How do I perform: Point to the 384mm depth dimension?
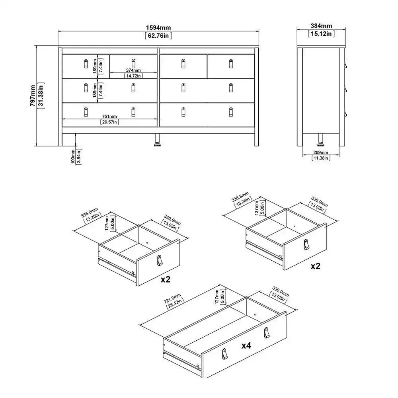click(321, 26)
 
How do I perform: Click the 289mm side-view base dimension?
click(321, 152)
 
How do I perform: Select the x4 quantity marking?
click(246, 345)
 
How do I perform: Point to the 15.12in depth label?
click(321, 34)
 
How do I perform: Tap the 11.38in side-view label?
click(321, 158)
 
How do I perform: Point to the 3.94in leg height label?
click(79, 156)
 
